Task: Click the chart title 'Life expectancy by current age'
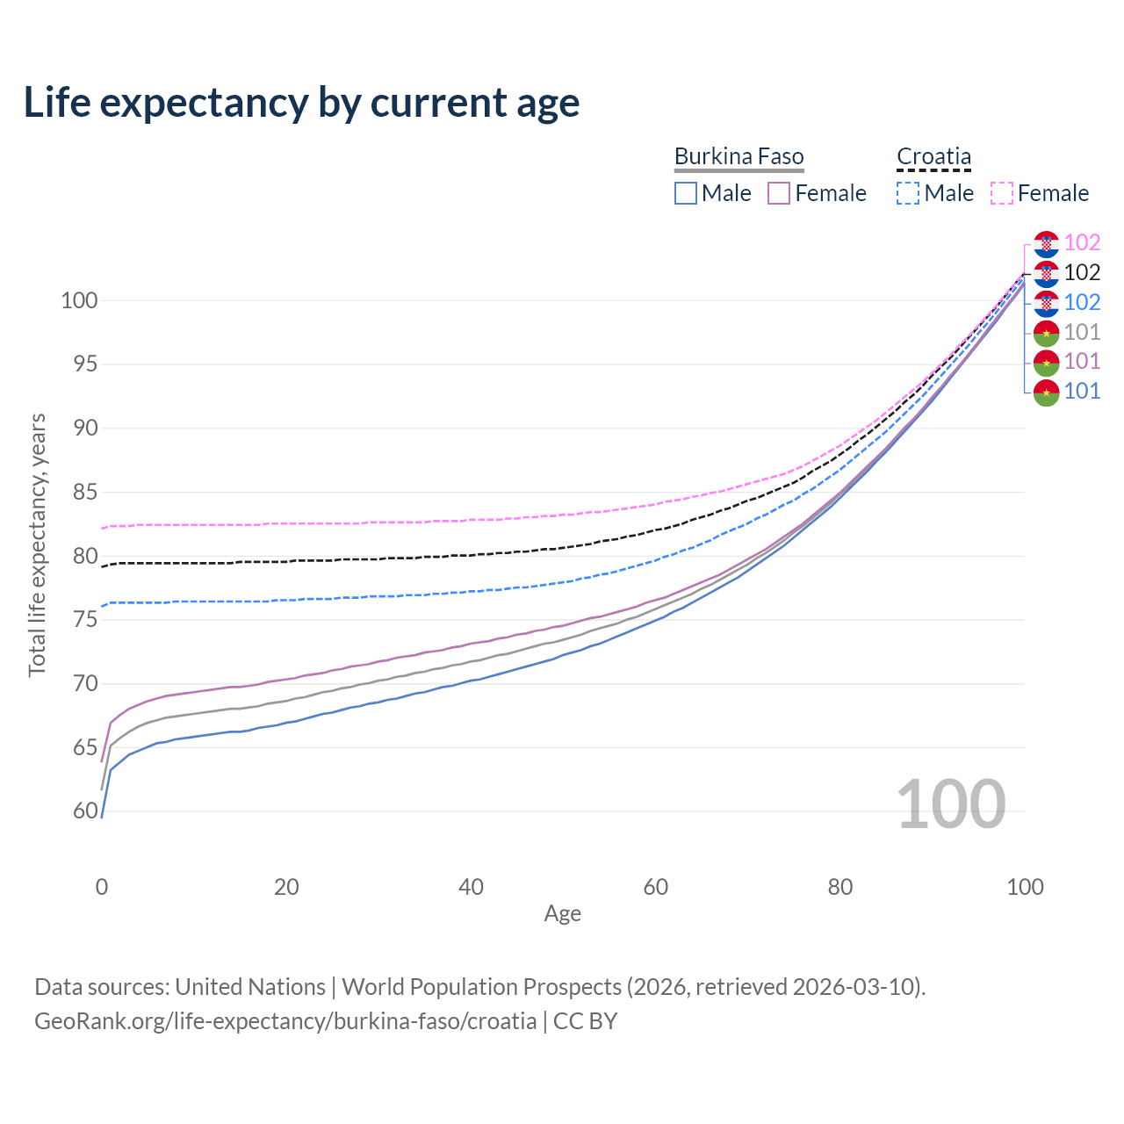pyautogui.click(x=301, y=103)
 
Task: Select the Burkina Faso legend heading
pyautogui.click(x=739, y=156)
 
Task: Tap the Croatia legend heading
pyautogui.click(x=933, y=156)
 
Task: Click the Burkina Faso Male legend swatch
pyautogui.click(x=686, y=193)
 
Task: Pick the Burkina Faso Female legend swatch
pyautogui.click(x=780, y=193)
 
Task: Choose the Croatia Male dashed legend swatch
pyautogui.click(x=908, y=193)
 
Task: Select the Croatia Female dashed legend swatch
pyautogui.click(x=1002, y=193)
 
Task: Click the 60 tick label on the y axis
pyautogui.click(x=85, y=811)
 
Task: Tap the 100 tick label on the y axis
pyautogui.click(x=79, y=300)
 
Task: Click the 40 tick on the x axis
pyautogui.click(x=471, y=887)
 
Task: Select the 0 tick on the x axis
pyautogui.click(x=102, y=887)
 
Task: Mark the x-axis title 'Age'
pyautogui.click(x=562, y=914)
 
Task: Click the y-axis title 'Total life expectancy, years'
pyautogui.click(x=37, y=544)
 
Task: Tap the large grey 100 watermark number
pyautogui.click(x=951, y=804)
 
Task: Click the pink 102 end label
pyautogui.click(x=1082, y=242)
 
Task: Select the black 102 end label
pyautogui.click(x=1082, y=272)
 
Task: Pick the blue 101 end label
pyautogui.click(x=1082, y=391)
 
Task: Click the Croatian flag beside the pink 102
pyautogui.click(x=1046, y=243)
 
